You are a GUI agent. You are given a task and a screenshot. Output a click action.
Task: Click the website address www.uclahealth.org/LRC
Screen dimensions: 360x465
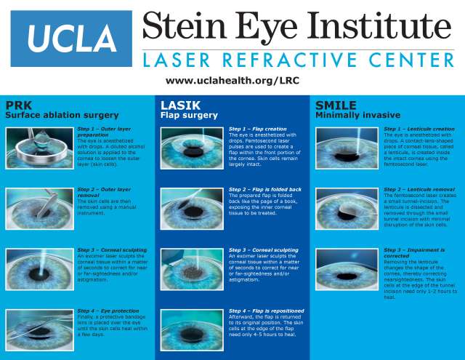click(227, 81)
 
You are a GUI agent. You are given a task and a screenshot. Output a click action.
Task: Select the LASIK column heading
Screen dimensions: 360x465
click(175, 105)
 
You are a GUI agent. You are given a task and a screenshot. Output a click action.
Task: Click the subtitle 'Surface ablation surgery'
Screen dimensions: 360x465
click(62, 115)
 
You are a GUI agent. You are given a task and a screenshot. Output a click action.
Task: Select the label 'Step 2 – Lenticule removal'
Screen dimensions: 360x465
click(419, 190)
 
